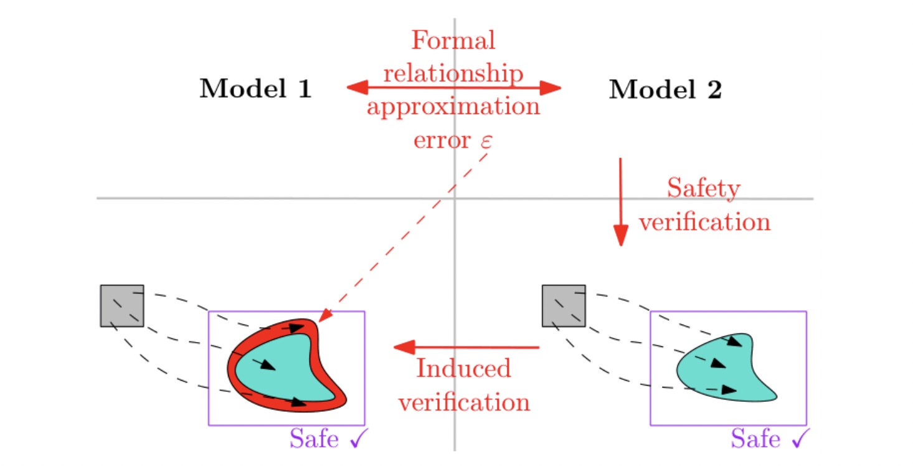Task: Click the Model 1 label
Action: pyautogui.click(x=255, y=90)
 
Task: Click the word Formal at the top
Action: pyautogui.click(x=453, y=41)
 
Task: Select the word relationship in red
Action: pyautogui.click(x=453, y=74)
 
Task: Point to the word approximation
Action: pyautogui.click(x=453, y=107)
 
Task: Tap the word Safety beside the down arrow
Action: pyautogui.click(x=704, y=188)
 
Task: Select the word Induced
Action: pyautogui.click(x=463, y=369)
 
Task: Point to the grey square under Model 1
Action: pyautogui.click(x=122, y=305)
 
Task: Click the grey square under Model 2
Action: pyautogui.click(x=564, y=305)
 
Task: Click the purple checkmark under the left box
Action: pyautogui.click(x=359, y=440)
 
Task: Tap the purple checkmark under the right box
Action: pyautogui.click(x=801, y=440)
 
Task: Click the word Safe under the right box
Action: pyautogui.click(x=755, y=439)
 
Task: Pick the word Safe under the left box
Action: pyautogui.click(x=314, y=439)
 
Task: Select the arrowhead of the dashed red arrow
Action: pyautogui.click(x=324, y=316)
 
